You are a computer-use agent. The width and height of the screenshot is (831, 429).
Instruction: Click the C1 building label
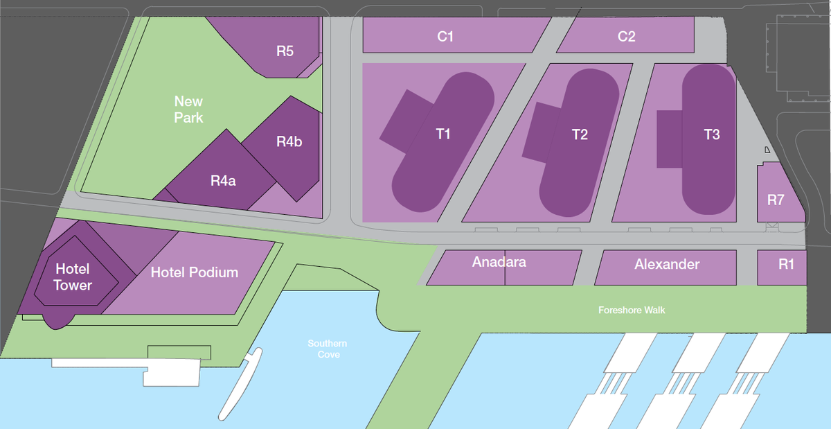click(x=445, y=37)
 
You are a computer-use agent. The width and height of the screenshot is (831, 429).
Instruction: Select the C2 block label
click(x=626, y=37)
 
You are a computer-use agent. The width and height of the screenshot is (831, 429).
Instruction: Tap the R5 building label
click(x=285, y=51)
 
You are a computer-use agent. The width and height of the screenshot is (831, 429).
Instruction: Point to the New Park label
click(x=188, y=110)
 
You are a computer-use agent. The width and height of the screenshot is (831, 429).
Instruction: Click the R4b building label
click(x=289, y=142)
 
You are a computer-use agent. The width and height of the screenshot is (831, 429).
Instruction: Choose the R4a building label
click(x=223, y=181)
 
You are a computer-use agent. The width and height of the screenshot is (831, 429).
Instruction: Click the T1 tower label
click(x=443, y=134)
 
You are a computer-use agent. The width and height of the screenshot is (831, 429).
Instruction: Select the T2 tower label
click(x=580, y=134)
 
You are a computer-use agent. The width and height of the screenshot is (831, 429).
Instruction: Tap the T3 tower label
click(x=711, y=134)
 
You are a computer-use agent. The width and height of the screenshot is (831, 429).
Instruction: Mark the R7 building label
click(x=776, y=200)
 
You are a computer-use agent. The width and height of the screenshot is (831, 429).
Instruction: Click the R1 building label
click(x=786, y=264)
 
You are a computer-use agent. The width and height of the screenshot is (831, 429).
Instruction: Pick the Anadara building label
click(x=499, y=262)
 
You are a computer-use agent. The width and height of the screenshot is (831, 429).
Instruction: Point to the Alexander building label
click(x=667, y=264)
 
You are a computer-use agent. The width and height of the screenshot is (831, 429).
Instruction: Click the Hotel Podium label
click(x=195, y=272)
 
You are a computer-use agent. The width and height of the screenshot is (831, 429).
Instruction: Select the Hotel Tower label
click(x=73, y=277)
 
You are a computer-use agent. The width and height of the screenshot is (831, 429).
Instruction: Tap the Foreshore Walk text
click(x=632, y=310)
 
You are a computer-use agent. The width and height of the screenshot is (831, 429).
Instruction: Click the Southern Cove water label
click(x=328, y=349)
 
